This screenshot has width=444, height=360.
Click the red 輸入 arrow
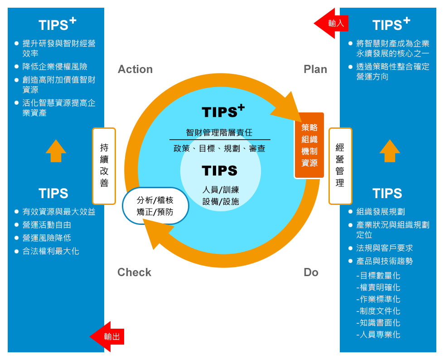point(331,23)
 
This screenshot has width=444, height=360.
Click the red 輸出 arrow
point(107,336)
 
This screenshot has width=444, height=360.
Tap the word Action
point(135,69)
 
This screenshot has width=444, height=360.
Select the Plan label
point(315,69)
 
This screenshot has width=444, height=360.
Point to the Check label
point(134,272)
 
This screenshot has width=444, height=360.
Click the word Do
point(311,272)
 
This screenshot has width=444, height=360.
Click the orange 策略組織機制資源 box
point(309,145)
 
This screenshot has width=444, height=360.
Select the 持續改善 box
point(104,165)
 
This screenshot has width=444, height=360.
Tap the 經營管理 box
point(340,165)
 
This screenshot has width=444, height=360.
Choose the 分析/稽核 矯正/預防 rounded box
point(155,206)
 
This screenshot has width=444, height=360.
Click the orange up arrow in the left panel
point(56,151)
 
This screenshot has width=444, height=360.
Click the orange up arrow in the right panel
point(390,151)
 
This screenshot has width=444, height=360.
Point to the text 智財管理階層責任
point(219,133)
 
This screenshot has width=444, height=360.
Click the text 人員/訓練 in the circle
point(221,190)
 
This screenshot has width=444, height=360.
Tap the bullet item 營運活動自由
point(47,225)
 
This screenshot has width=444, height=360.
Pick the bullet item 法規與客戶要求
point(385,248)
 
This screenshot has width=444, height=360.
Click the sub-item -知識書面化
point(378,323)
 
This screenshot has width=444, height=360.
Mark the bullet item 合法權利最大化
point(51,251)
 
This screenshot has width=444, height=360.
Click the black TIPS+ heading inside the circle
point(223,112)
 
